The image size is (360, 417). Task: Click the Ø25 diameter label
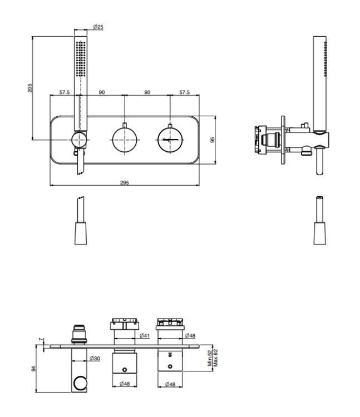pyautogui.click(x=98, y=27)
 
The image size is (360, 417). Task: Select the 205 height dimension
pyautogui.click(x=30, y=88)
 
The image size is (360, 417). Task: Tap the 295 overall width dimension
pyautogui.click(x=124, y=183)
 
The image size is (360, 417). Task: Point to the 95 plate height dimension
pyautogui.click(x=213, y=140)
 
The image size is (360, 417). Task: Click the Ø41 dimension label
pyautogui.click(x=145, y=336)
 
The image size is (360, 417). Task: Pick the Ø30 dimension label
pyautogui.click(x=95, y=358)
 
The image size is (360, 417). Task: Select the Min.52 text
pyautogui.click(x=210, y=358)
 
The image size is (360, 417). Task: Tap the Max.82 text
pyautogui.click(x=215, y=358)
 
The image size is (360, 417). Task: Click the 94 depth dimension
pyautogui.click(x=33, y=369)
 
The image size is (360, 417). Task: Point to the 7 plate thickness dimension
pyautogui.click(x=41, y=339)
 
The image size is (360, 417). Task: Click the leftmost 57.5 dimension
pyautogui.click(x=65, y=92)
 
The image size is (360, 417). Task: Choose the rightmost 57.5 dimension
pyautogui.click(x=184, y=92)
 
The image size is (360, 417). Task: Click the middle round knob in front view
pyautogui.click(x=125, y=140)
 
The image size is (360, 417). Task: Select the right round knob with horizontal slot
pyautogui.click(x=170, y=140)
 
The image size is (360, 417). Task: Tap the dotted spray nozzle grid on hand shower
pyautogui.click(x=81, y=58)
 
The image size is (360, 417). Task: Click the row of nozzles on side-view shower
pyautogui.click(x=326, y=59)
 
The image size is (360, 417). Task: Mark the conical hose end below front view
pyautogui.click(x=81, y=233)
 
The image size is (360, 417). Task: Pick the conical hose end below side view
pyautogui.click(x=319, y=233)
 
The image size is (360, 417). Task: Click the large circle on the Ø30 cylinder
pyautogui.click(x=80, y=383)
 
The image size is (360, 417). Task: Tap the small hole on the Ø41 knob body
pyautogui.click(x=124, y=370)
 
